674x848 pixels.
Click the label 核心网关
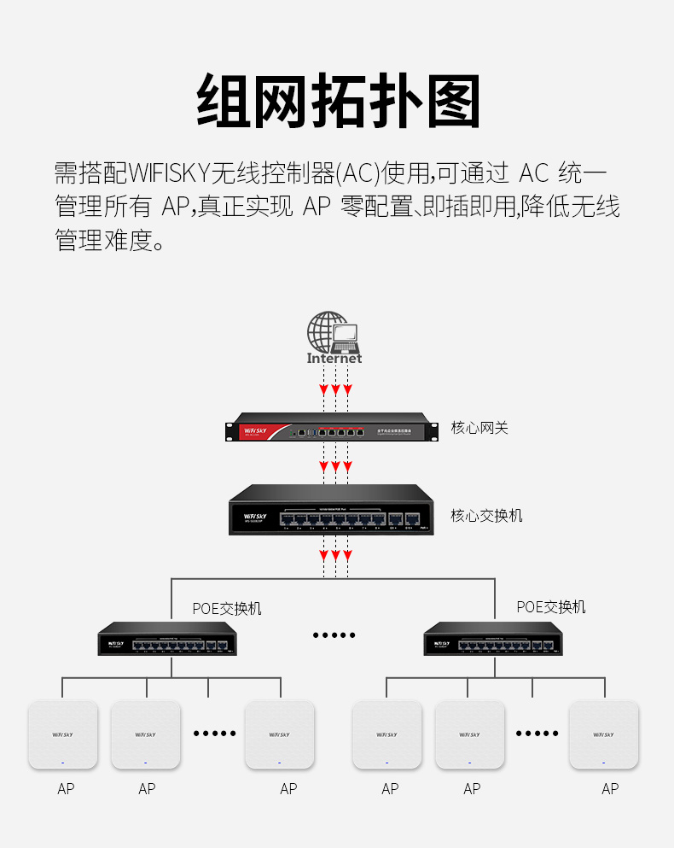click(479, 428)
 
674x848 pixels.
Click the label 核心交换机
click(486, 516)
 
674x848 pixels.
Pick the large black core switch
click(328, 510)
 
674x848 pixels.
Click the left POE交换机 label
click(227, 609)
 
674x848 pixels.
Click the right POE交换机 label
click(551, 607)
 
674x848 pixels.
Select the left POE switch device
click(167, 640)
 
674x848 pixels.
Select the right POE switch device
click(493, 640)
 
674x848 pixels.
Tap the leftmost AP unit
click(63, 734)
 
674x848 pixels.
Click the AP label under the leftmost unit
click(66, 789)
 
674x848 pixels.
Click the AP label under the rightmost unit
click(609, 789)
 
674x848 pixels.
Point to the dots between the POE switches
click(334, 635)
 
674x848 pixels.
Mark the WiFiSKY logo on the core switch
click(255, 517)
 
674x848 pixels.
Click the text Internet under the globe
click(334, 359)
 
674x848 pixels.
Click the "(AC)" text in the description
click(357, 173)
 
